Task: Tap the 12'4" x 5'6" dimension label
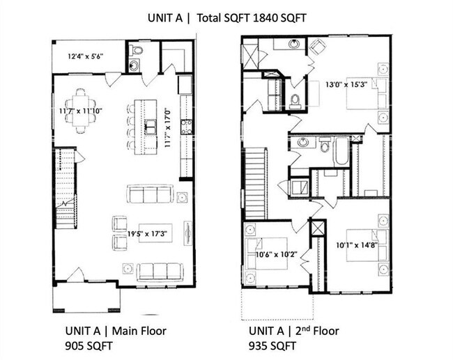point(86,56)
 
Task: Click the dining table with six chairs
point(81,110)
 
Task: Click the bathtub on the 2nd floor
point(341,151)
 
